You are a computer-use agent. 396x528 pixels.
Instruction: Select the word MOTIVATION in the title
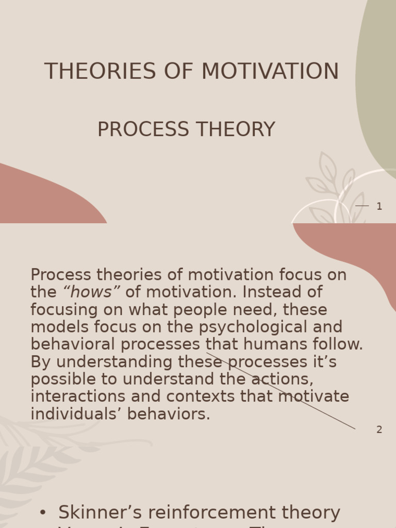[270, 72]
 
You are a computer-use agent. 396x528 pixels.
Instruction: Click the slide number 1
[379, 207]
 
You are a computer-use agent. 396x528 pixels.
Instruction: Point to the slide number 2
[379, 430]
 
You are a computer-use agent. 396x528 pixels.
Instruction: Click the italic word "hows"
[91, 292]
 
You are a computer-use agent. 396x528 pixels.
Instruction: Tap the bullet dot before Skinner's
[43, 513]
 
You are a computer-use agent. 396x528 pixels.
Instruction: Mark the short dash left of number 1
[362, 206]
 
